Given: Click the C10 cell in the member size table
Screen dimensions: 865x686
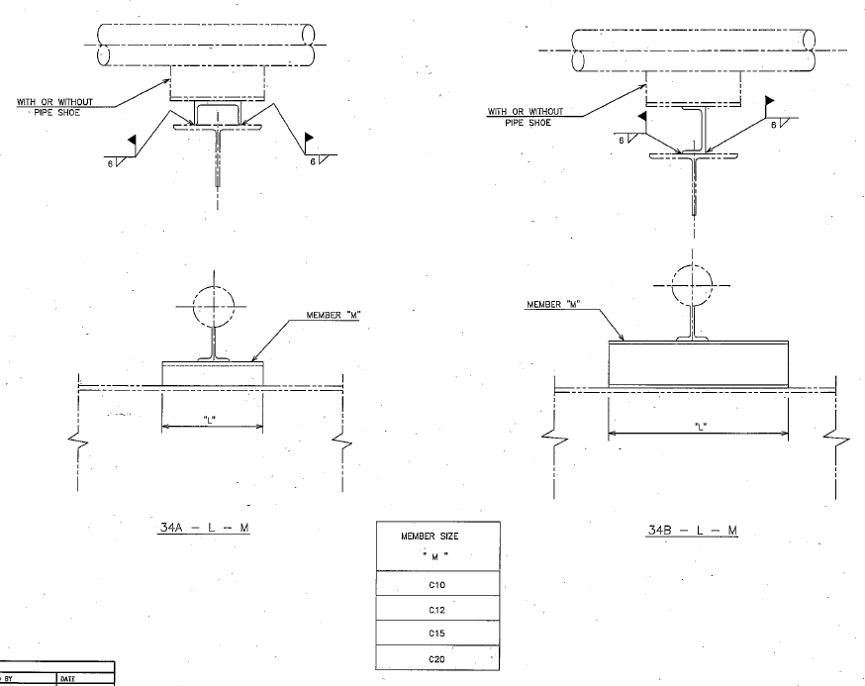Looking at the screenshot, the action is click(x=436, y=585).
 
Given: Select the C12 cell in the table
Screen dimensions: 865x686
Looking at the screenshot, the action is click(x=436, y=609).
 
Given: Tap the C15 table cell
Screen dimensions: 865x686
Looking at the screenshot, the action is click(x=436, y=634).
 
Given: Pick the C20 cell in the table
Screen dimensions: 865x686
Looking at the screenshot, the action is click(x=436, y=657).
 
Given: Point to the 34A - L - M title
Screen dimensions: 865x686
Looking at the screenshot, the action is click(x=204, y=528).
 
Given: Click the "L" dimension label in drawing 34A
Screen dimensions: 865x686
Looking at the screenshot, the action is click(x=210, y=420).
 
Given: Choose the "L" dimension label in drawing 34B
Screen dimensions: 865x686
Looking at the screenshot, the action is click(x=700, y=427).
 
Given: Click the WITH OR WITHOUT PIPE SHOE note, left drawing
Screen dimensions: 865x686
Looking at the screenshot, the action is click(x=54, y=105).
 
